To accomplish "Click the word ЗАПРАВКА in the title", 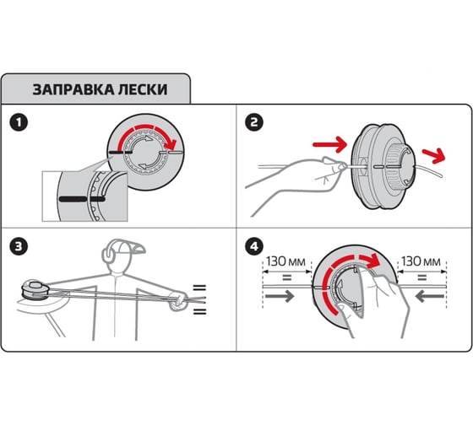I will pos(70,89).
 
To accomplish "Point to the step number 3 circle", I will pos(18,247).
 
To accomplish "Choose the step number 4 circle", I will pos(253,247).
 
